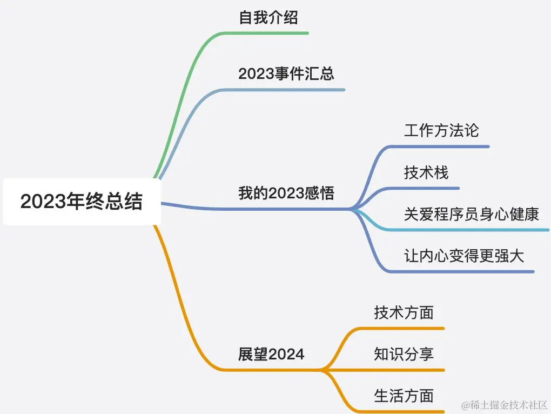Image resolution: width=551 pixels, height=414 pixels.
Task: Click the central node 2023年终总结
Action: point(82,202)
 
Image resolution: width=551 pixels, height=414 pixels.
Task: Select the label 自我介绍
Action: point(268,18)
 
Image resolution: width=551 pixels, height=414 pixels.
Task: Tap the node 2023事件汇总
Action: point(286,74)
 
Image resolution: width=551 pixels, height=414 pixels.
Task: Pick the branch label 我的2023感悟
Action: point(286,193)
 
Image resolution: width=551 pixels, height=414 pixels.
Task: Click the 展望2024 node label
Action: point(271,355)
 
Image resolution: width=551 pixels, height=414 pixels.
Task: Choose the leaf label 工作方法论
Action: point(441,130)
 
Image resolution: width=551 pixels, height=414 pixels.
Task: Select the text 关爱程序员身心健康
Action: point(472,213)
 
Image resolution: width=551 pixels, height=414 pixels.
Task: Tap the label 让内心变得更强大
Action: point(464,255)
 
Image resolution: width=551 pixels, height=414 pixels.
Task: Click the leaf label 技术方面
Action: point(404,312)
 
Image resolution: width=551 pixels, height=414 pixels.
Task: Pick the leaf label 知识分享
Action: point(404,354)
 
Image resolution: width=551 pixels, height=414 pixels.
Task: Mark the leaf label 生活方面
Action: point(404,396)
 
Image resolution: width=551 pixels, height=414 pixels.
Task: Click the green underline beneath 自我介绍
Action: point(270,33)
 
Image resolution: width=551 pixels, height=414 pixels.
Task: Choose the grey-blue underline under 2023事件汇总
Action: point(292,90)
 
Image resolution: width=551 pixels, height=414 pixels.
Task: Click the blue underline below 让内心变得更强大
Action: point(465,271)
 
